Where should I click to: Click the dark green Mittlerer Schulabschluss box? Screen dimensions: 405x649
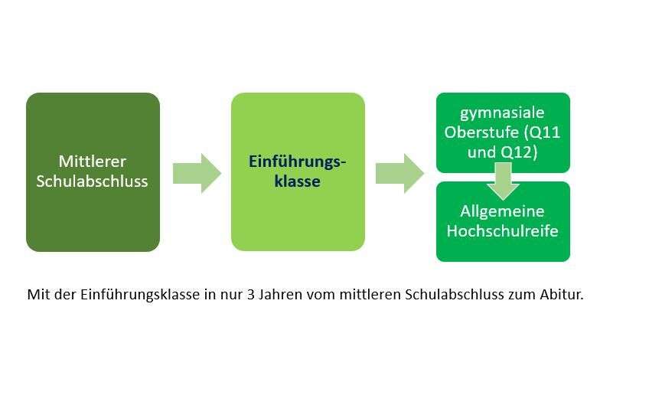pos(93,172)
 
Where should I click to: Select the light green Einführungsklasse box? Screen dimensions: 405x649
pos(298,172)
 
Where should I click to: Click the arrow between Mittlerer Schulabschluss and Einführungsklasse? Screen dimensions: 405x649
pos(196,173)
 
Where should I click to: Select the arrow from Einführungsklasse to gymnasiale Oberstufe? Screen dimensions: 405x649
pos(400,173)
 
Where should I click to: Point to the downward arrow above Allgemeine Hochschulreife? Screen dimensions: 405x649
pos(503,184)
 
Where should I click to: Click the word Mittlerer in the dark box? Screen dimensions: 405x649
pos(93,162)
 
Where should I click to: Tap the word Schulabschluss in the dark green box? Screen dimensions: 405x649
pos(93,182)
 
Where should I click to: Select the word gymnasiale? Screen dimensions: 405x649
pos(503,113)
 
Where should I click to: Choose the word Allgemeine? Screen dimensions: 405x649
pos(503,211)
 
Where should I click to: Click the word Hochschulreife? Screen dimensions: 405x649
pos(503,230)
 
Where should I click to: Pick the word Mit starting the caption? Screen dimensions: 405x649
pos(36,295)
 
